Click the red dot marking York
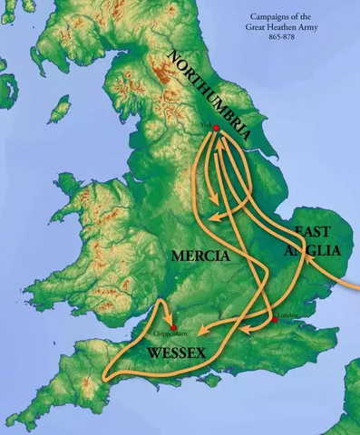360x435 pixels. point(216,129)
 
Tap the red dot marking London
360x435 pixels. point(274,320)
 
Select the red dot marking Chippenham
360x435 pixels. point(172,328)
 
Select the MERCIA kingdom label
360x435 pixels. point(200,257)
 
